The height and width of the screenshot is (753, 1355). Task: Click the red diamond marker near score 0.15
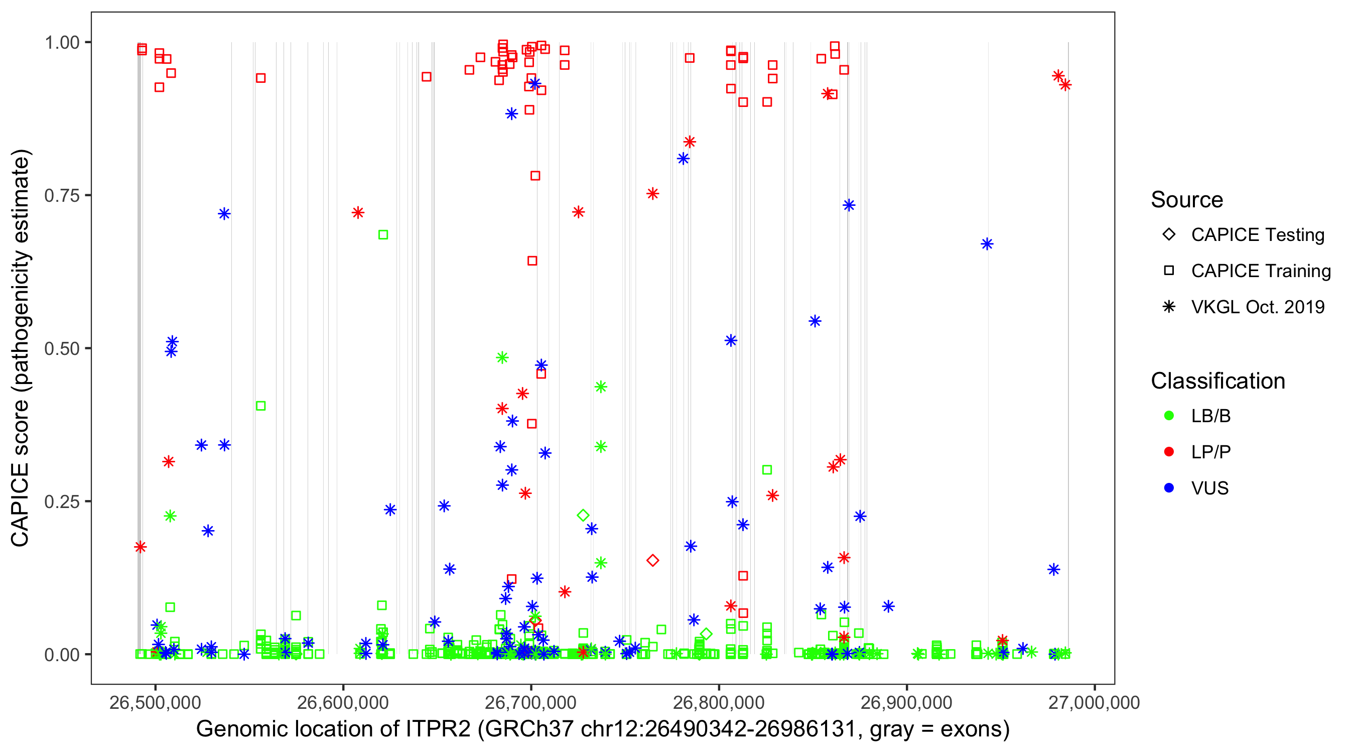pyautogui.click(x=653, y=560)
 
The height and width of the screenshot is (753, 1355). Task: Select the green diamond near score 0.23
pyautogui.click(x=583, y=515)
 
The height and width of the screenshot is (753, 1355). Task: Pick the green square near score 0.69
pyautogui.click(x=383, y=235)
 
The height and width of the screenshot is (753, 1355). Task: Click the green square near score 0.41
pyautogui.click(x=260, y=406)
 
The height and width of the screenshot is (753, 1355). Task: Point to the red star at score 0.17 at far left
pyautogui.click(x=140, y=547)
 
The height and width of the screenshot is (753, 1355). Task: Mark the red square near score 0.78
pyautogui.click(x=535, y=176)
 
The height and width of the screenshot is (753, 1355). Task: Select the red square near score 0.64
pyautogui.click(x=532, y=261)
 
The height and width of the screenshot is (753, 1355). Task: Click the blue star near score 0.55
pyautogui.click(x=815, y=321)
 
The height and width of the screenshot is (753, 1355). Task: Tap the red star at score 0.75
pyautogui.click(x=653, y=194)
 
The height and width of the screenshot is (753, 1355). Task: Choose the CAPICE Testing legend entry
pyautogui.click(x=1257, y=235)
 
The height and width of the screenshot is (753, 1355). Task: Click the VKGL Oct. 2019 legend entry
pyautogui.click(x=1257, y=307)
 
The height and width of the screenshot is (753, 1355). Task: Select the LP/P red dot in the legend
pyautogui.click(x=1169, y=452)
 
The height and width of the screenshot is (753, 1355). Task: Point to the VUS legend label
pyautogui.click(x=1210, y=488)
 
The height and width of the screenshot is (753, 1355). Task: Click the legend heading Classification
pyautogui.click(x=1217, y=381)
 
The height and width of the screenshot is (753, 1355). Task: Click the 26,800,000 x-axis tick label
pyautogui.click(x=719, y=702)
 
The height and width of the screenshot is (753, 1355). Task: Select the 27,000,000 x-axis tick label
pyautogui.click(x=1094, y=702)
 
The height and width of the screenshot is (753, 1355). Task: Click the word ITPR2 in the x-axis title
pyautogui.click(x=438, y=729)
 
